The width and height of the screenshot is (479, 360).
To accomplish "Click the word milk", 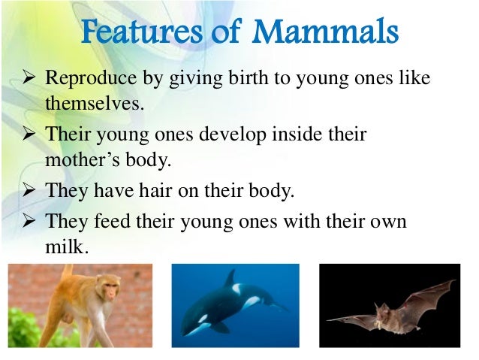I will tap(67, 247).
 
